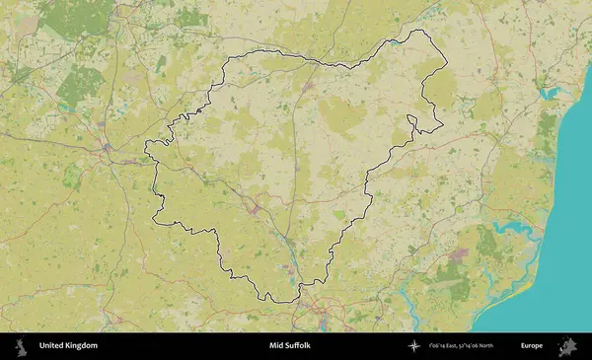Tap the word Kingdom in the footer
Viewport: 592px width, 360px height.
(x=82, y=346)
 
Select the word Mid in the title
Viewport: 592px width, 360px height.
(x=275, y=346)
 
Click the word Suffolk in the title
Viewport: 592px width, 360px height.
(x=297, y=346)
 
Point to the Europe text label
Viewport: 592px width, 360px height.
(x=532, y=346)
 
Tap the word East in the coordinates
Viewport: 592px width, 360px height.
(x=454, y=346)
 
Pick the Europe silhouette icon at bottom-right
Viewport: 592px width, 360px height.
(x=567, y=346)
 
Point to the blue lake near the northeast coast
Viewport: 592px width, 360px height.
(x=550, y=95)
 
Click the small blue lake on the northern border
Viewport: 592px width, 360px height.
(x=395, y=42)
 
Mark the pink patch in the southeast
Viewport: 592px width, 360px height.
(x=457, y=254)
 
